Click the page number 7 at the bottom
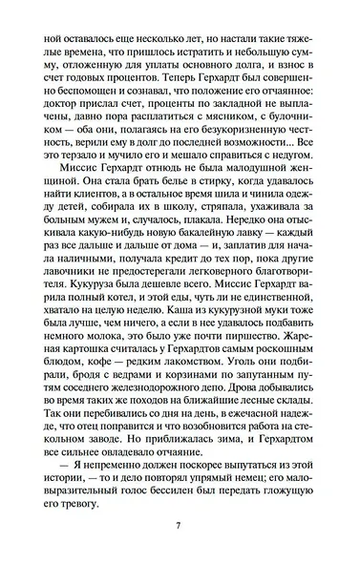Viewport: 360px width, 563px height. pos(180,524)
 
